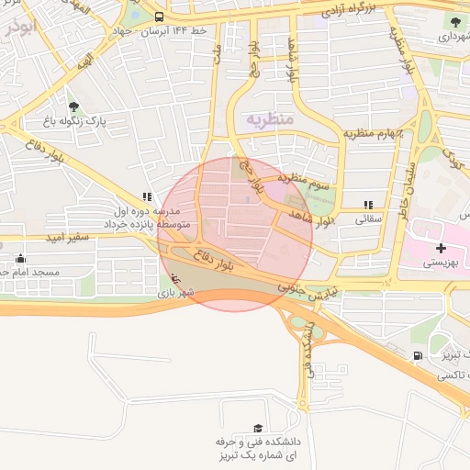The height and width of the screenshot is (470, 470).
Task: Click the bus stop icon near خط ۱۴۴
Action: tap(160, 17)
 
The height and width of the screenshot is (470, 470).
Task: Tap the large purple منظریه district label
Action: tap(268, 119)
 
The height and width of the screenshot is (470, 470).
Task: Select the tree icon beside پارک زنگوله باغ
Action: tap(73, 106)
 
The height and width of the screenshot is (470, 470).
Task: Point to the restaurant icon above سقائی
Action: tap(368, 206)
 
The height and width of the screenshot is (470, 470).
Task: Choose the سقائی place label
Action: tap(368, 220)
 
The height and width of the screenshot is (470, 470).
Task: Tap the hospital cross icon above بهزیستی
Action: tap(442, 248)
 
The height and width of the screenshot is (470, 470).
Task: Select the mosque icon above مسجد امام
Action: tap(20, 259)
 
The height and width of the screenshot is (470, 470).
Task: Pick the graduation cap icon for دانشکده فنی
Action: tap(258, 429)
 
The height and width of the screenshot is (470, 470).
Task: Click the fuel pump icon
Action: tap(419, 355)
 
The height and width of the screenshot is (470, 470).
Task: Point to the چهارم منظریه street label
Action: tap(374, 134)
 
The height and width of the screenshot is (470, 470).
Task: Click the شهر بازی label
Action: tap(174, 294)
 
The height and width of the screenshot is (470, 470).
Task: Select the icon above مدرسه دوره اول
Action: tap(147, 196)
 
